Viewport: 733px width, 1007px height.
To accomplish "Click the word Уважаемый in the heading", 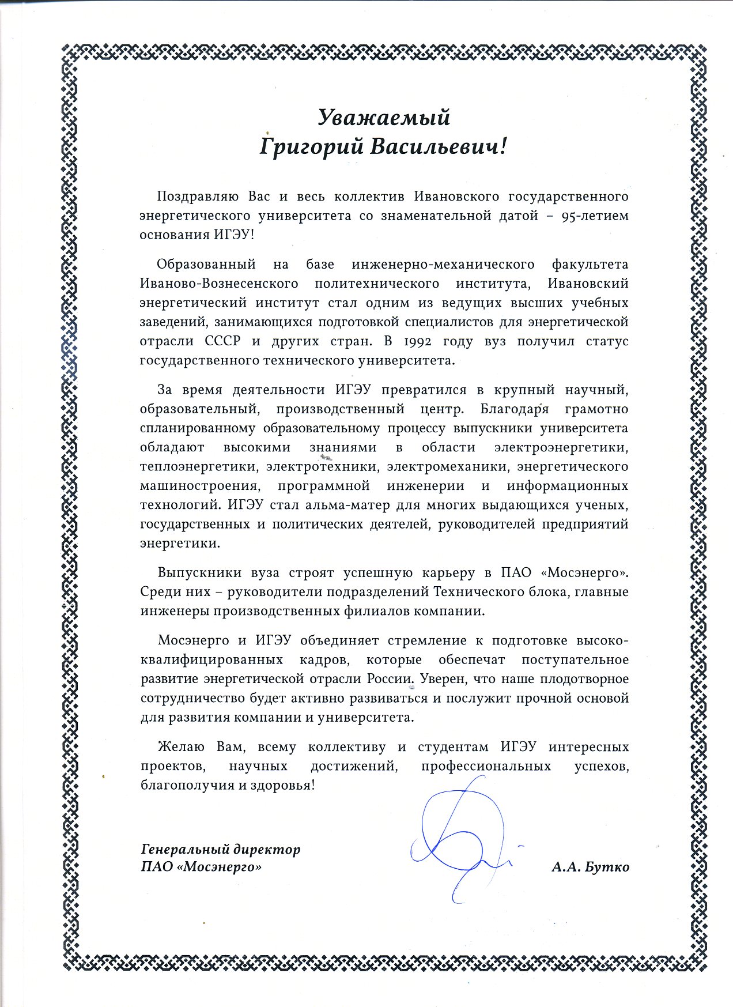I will point(384,118).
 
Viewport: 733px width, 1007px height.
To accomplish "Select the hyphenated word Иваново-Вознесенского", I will point(219,284).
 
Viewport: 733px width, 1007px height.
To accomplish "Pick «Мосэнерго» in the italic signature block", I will point(221,867).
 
